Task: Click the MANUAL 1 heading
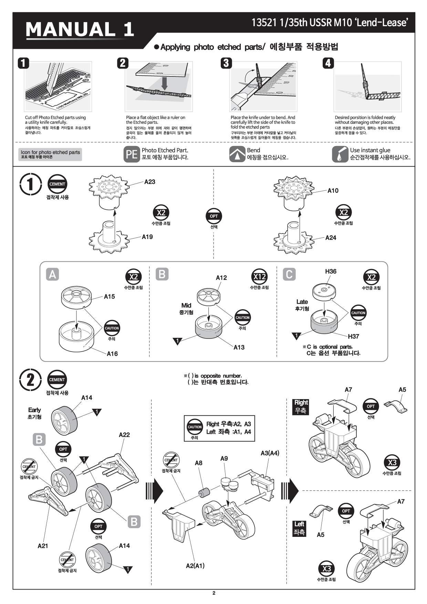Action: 80,29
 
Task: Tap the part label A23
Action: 149,182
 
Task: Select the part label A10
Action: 333,190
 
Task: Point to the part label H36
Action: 331,271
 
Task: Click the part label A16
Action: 112,353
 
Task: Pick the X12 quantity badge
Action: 259,277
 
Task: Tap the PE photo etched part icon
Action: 132,154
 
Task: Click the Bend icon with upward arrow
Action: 237,154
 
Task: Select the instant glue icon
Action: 340,154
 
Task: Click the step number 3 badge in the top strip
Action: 226,63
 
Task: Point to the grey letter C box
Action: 289,274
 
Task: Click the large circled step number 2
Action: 31,380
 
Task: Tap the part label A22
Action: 124,435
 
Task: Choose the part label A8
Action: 198,463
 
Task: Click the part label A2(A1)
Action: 195,565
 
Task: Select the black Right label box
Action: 301,406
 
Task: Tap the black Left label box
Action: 299,528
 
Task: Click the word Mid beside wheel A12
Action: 186,305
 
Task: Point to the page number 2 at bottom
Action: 213,593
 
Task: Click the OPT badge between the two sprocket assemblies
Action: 214,216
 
